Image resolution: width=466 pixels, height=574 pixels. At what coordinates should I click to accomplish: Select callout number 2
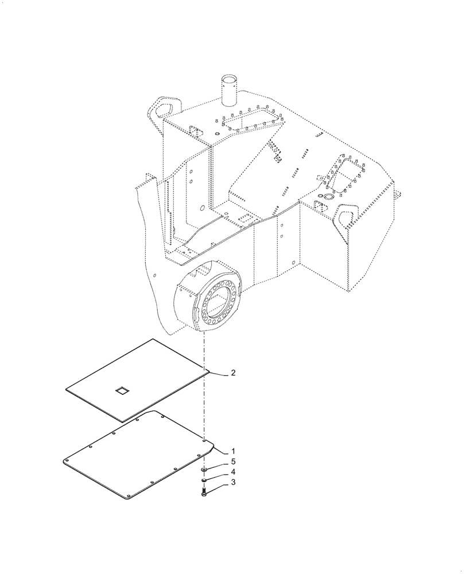click(233, 373)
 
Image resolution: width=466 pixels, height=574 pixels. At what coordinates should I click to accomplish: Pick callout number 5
click(233, 461)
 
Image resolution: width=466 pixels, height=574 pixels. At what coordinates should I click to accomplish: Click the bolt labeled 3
click(205, 491)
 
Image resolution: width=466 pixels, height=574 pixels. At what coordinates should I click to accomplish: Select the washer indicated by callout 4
click(205, 480)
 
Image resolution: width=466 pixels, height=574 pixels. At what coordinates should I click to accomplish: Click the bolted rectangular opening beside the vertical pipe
click(251, 122)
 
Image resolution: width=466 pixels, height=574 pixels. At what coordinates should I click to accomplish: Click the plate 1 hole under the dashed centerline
click(204, 441)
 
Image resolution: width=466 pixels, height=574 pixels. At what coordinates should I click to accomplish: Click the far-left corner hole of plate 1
click(67, 460)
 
